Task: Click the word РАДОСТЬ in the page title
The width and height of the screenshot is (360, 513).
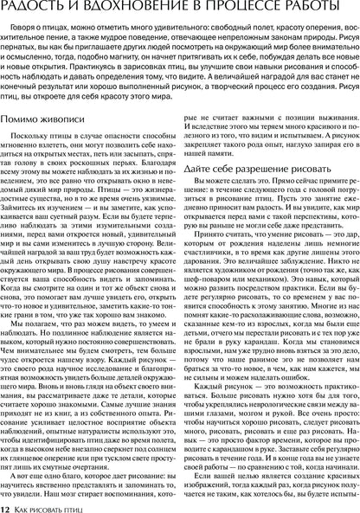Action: tap(38, 8)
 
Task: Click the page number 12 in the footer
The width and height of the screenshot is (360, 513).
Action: tap(5, 504)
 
